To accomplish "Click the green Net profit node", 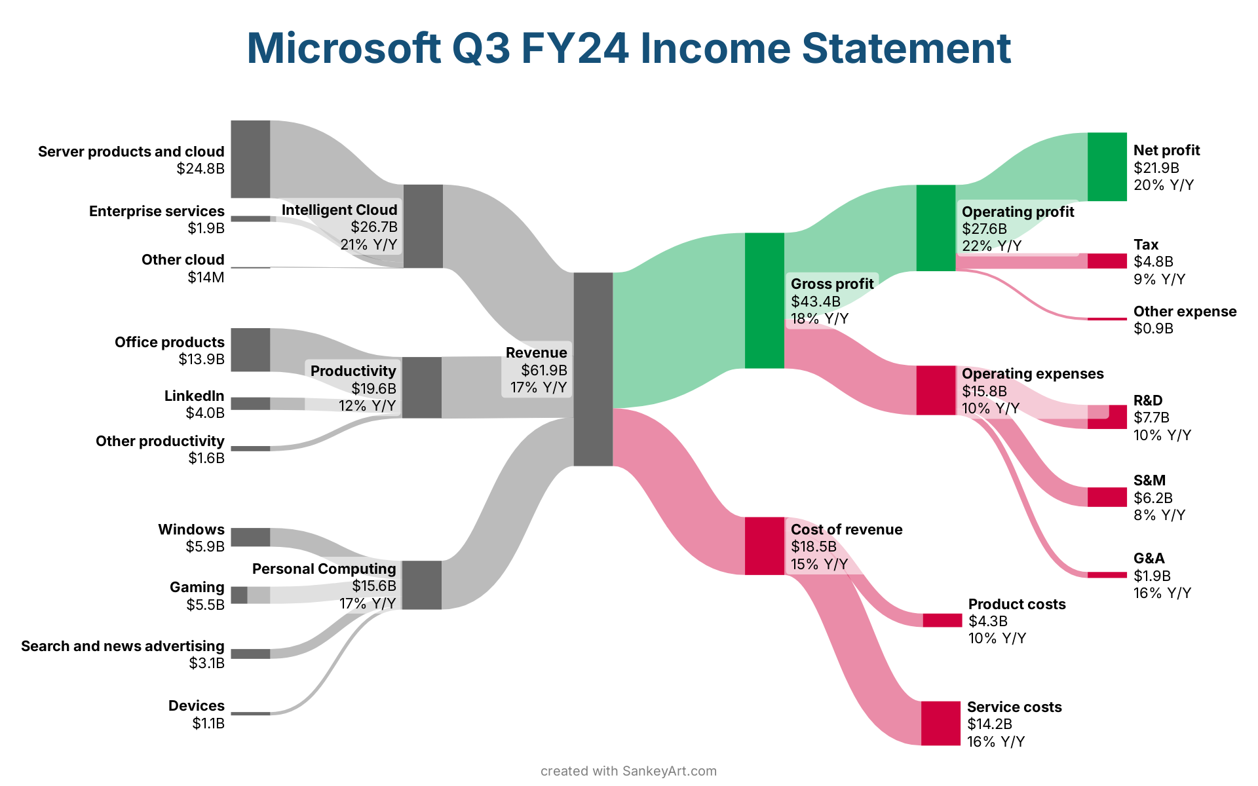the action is pyautogui.click(x=1107, y=166).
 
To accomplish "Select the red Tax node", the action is pyautogui.click(x=1107, y=261).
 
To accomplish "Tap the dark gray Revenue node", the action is pyautogui.click(x=593, y=369).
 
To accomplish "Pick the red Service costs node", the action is pyautogui.click(x=941, y=723).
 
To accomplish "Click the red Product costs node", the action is pyautogui.click(x=943, y=620).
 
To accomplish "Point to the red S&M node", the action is pyautogui.click(x=1107, y=497).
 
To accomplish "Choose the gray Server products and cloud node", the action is pyautogui.click(x=250, y=159).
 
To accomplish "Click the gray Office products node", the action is pyautogui.click(x=250, y=350).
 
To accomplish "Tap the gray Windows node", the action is pyautogui.click(x=250, y=537).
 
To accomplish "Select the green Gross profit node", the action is pyautogui.click(x=765, y=301).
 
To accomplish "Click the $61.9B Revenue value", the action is pyautogui.click(x=544, y=370).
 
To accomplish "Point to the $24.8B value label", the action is pyautogui.click(x=200, y=169).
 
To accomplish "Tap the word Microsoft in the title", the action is pyautogui.click(x=344, y=48).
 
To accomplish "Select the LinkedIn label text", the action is pyautogui.click(x=195, y=396).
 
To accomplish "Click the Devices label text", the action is pyautogui.click(x=197, y=705).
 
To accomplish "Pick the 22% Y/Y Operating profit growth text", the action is pyautogui.click(x=991, y=246).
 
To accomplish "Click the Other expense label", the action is pyautogui.click(x=1185, y=311).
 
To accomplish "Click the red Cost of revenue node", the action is pyautogui.click(x=765, y=546).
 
